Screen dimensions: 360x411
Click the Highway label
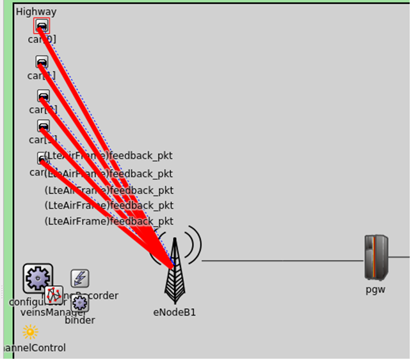pos(36,12)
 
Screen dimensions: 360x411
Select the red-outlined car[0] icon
pos(42,26)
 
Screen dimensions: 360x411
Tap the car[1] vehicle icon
pos(42,62)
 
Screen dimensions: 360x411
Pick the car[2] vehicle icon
pos(43,96)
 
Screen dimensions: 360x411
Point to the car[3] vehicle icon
pos(43,126)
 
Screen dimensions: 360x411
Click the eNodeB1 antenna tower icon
pos(174,272)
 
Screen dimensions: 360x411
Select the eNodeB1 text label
pos(174,313)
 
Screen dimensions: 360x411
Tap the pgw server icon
pos(376,257)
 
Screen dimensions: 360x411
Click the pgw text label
pos(376,289)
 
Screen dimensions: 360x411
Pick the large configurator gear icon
pos(38,278)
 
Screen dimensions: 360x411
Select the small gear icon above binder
pos(80,304)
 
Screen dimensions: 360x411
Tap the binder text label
pos(80,320)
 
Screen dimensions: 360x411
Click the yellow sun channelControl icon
pos(30,332)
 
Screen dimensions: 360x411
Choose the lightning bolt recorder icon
pos(80,278)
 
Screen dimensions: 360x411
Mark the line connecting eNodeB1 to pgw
pos(282,261)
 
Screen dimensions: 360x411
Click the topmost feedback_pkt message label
pos(109,156)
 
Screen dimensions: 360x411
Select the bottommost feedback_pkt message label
pos(109,221)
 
